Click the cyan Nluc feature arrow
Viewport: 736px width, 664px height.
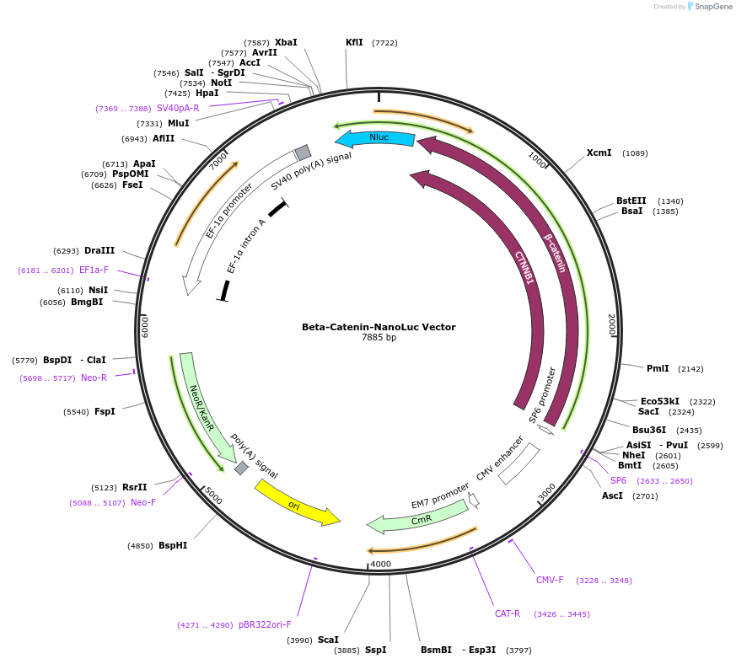click(377, 138)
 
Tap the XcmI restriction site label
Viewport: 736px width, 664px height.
click(599, 153)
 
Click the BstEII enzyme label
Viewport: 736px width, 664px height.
click(631, 201)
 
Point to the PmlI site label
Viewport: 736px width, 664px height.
click(658, 368)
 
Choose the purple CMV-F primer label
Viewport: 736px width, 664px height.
click(550, 580)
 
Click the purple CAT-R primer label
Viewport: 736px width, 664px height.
click(507, 613)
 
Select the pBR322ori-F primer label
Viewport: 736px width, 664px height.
click(265, 624)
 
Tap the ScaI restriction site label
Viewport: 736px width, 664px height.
click(328, 640)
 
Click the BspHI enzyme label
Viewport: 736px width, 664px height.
click(173, 545)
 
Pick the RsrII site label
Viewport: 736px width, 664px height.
click(134, 487)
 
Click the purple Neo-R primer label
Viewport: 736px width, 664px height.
click(94, 378)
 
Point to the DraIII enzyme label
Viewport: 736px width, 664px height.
click(99, 250)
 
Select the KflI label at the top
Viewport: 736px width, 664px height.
click(354, 42)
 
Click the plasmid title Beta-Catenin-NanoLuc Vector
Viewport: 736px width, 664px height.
click(379, 327)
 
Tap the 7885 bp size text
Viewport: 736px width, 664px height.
click(379, 338)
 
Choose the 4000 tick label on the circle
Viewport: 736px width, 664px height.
click(381, 564)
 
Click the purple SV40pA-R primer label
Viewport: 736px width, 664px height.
click(178, 108)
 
